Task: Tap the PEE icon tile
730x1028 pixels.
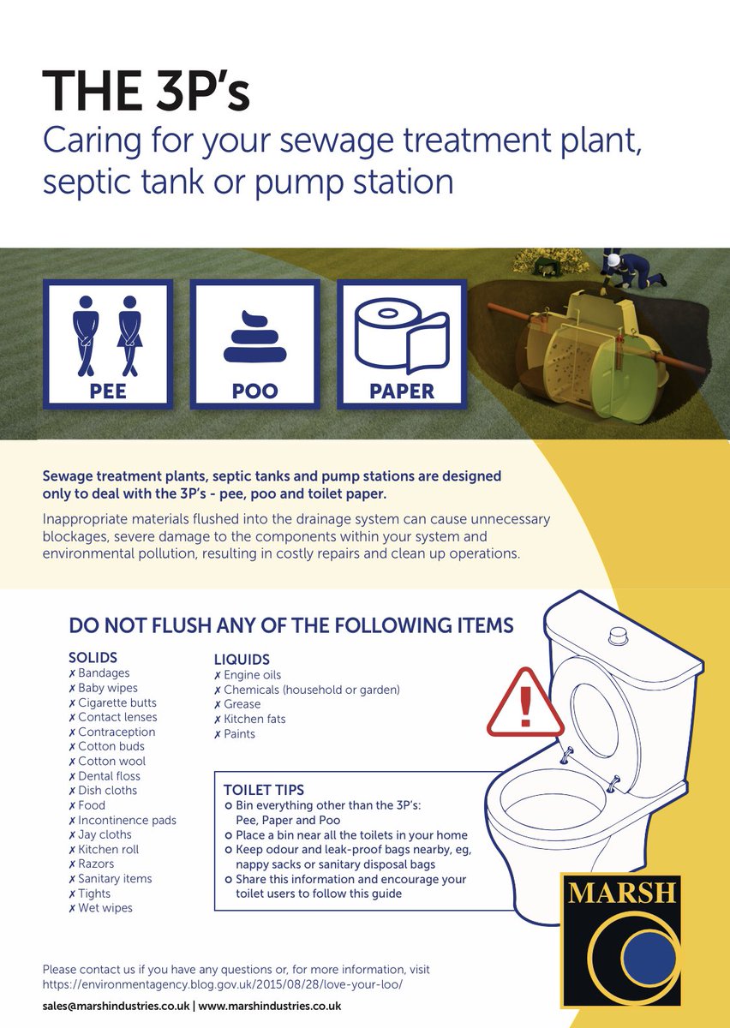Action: coord(108,344)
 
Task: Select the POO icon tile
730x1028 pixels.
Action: coord(254,344)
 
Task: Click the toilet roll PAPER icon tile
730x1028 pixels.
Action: coord(401,344)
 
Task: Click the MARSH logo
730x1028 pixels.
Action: coord(620,940)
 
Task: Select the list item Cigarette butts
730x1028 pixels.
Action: coord(117,702)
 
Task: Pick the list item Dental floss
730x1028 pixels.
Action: coord(109,776)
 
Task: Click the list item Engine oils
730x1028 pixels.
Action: coord(252,675)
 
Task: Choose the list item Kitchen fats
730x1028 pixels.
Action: coord(254,719)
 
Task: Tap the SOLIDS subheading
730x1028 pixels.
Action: coord(94,658)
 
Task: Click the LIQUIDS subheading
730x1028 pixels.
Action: coord(242,660)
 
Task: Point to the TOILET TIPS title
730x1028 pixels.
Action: coord(264,790)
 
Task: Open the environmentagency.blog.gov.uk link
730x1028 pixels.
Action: coord(222,984)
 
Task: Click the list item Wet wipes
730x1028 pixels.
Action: coord(105,908)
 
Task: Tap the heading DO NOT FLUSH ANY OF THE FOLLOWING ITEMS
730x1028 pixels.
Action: coord(290,625)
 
